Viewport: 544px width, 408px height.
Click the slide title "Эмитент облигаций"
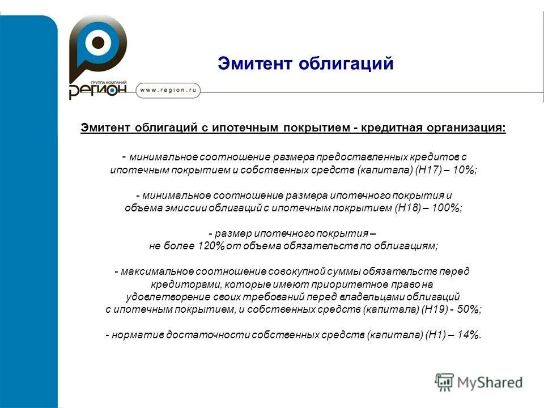[305, 63]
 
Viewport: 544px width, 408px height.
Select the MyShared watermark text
[490, 382]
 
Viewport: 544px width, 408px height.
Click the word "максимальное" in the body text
[148, 271]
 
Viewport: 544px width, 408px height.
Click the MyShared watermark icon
[444, 382]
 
